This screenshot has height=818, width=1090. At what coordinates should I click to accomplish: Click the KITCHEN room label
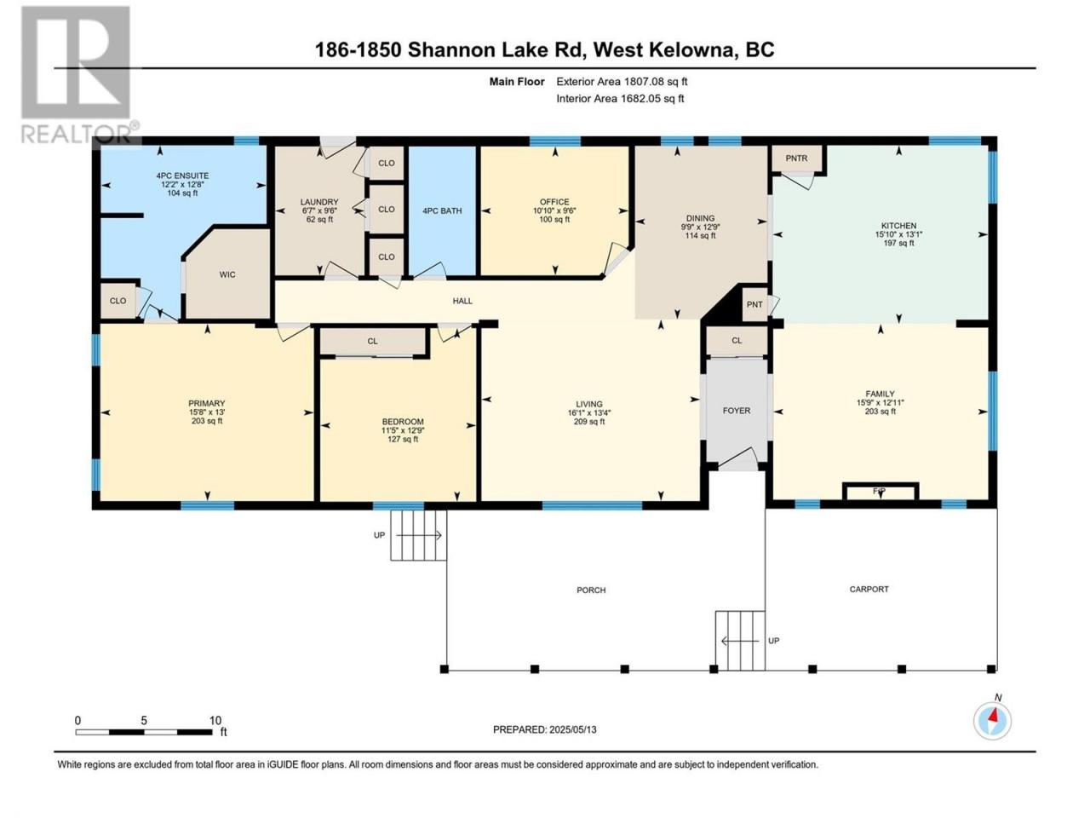[898, 226]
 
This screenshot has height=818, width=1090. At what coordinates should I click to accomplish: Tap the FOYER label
[737, 411]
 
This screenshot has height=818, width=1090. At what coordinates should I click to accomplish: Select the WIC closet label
[227, 274]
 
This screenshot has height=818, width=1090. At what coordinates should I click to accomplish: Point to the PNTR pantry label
[796, 158]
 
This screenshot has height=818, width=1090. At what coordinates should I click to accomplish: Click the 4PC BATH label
[442, 211]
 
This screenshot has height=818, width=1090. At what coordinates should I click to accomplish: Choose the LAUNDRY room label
[319, 202]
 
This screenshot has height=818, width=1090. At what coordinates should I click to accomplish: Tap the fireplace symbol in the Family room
[881, 491]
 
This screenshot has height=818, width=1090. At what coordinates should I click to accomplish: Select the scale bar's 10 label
[215, 721]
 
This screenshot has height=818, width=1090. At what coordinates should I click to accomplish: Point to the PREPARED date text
[545, 729]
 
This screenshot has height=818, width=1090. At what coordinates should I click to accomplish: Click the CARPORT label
[869, 589]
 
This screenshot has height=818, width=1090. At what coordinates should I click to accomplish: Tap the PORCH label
[591, 590]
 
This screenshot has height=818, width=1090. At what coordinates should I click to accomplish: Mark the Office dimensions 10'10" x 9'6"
[554, 210]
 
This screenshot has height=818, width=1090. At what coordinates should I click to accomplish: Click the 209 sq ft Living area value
[589, 422]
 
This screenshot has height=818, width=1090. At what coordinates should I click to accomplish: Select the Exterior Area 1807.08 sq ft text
[622, 82]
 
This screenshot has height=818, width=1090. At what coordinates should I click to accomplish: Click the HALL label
[462, 301]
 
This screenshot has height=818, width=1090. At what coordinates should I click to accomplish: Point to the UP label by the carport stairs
[774, 641]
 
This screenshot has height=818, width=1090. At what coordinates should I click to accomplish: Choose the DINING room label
[701, 218]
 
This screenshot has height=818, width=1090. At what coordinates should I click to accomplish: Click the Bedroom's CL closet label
[372, 341]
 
